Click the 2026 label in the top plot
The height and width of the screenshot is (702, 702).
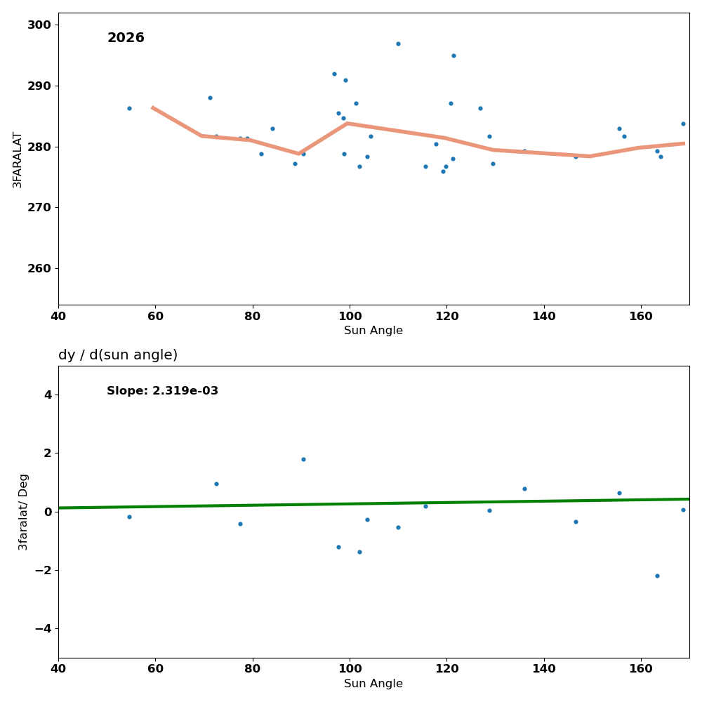(126, 39)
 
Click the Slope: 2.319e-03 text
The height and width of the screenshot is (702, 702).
(162, 391)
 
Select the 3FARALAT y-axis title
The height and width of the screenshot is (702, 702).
(18, 159)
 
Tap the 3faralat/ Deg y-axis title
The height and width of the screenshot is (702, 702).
(23, 512)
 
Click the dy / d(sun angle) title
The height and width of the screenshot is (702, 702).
(118, 355)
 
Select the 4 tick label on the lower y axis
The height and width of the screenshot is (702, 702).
(48, 395)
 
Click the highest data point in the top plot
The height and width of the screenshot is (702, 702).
(398, 44)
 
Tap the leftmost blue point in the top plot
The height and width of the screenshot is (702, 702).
(129, 108)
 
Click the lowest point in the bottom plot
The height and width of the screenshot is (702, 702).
(657, 576)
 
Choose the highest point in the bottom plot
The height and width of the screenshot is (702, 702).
(303, 459)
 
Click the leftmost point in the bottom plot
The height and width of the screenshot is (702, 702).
(129, 517)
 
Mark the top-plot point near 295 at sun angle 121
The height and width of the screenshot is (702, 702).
(453, 55)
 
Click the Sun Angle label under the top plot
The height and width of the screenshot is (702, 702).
(373, 331)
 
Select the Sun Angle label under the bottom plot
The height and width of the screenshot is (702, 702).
(373, 684)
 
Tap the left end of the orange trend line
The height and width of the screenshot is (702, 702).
(152, 107)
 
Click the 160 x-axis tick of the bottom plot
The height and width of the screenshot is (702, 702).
(641, 669)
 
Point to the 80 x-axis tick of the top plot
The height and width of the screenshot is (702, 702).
(253, 316)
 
